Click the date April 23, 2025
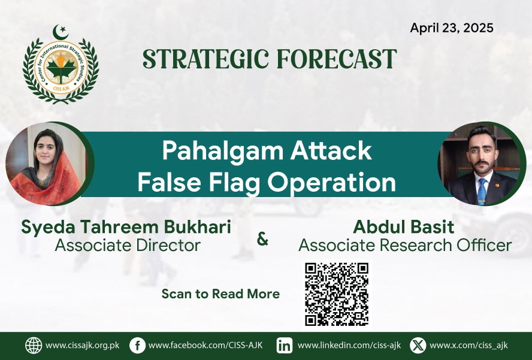(452, 28)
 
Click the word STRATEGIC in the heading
(205, 59)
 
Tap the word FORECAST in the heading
(337, 59)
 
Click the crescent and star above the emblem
(61, 32)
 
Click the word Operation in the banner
(331, 183)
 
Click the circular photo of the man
(480, 164)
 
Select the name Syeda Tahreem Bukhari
(126, 226)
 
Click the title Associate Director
(128, 245)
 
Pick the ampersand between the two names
(262, 239)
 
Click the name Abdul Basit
(403, 226)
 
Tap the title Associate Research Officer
(405, 245)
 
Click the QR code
(337, 294)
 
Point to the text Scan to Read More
(220, 294)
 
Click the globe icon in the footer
(34, 346)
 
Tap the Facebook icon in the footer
(137, 346)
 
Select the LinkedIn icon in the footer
(285, 346)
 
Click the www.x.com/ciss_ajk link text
(468, 346)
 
